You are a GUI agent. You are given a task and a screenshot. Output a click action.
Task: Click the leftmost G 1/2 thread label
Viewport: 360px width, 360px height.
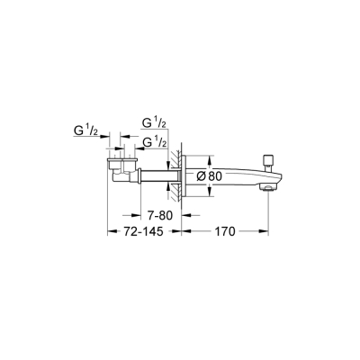tap(87, 132)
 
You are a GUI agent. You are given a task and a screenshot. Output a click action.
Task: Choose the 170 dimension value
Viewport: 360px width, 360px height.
tap(224, 232)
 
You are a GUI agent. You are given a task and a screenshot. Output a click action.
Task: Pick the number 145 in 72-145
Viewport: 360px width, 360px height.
tap(155, 232)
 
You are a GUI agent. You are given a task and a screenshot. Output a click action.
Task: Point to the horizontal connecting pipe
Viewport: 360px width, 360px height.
tap(153, 176)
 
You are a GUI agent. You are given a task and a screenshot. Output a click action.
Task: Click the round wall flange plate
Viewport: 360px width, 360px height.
tap(188, 176)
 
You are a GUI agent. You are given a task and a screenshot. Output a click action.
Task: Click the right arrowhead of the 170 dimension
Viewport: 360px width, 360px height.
tap(265, 231)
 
